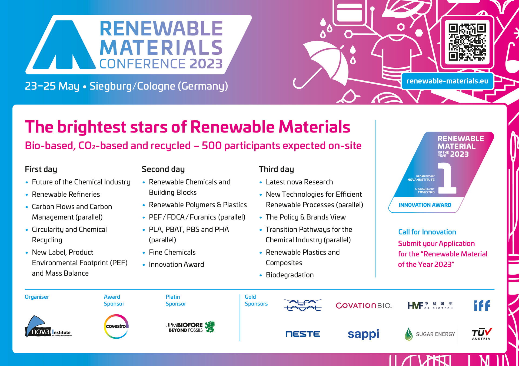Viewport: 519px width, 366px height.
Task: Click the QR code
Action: (x=467, y=42)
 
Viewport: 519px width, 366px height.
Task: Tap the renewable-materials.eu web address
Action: (x=447, y=81)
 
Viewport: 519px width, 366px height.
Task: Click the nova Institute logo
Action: (x=48, y=327)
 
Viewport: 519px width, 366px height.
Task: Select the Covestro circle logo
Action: (x=116, y=326)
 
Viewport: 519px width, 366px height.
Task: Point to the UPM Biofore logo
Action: (x=190, y=327)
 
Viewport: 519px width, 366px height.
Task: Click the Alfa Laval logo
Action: (x=303, y=305)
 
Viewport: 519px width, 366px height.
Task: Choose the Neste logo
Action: (x=303, y=334)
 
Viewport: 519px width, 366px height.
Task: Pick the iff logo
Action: (x=482, y=306)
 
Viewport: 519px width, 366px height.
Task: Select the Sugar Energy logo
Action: (x=430, y=334)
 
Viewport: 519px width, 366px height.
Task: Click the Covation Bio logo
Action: (x=364, y=305)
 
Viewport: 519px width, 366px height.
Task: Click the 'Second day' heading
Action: (x=163, y=169)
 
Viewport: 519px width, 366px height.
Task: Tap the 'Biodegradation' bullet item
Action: (x=290, y=275)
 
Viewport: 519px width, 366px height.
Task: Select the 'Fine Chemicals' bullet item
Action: (x=172, y=252)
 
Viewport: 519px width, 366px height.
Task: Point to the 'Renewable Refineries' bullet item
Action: (x=66, y=194)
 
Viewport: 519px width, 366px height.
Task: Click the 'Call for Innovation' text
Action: (x=427, y=232)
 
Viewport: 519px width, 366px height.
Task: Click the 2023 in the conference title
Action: (x=206, y=64)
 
